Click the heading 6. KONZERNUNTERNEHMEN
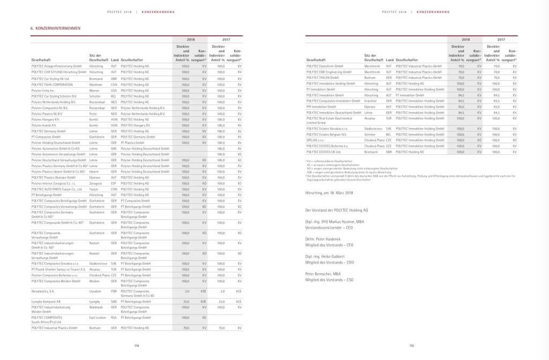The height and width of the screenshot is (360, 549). coord(56,28)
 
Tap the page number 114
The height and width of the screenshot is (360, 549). coord(137,346)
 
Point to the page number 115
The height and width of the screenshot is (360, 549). coord(411,346)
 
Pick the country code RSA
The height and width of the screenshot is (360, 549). coord(114,318)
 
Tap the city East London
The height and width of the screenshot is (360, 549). coord(97,318)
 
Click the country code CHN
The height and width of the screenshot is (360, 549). coord(114,189)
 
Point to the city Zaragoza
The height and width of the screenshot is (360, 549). coord(95,183)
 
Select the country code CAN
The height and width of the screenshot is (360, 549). coord(114,84)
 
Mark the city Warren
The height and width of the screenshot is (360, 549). coord(94,90)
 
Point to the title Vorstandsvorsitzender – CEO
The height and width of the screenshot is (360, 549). coord(329,228)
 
